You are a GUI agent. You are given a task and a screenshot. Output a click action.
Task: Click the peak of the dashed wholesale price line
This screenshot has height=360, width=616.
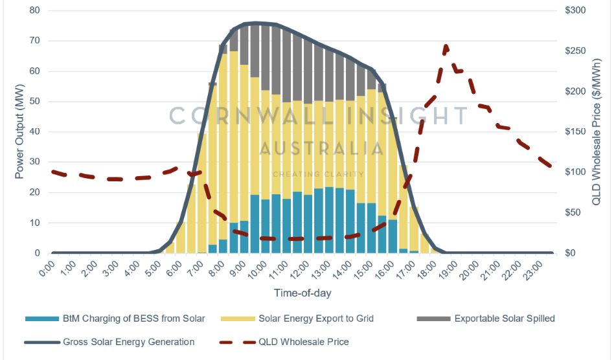pos(446,46)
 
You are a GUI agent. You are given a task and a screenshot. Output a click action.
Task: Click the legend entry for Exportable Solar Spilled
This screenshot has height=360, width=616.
pos(504,318)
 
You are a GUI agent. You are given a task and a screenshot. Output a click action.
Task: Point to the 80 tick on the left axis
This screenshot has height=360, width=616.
pos(33,10)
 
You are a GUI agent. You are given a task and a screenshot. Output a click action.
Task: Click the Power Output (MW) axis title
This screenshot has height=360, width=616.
pos(19,131)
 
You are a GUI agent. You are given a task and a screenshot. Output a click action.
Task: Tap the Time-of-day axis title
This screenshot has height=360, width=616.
pos(302,293)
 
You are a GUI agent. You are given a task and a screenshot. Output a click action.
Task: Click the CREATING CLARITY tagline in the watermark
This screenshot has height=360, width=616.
pos(318,174)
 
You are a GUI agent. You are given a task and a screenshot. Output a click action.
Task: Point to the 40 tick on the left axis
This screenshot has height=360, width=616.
pos(33,131)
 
